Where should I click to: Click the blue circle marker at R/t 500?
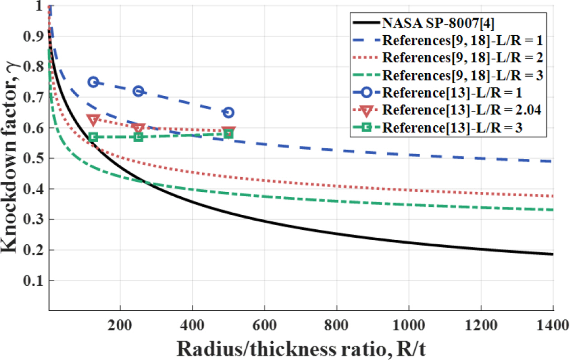pos(228,113)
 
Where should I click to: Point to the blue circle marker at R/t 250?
pos(139,91)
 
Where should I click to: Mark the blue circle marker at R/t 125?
pos(93,82)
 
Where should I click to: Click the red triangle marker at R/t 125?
pos(93,119)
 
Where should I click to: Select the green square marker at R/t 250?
pos(139,137)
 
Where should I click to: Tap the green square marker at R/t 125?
pos(93,137)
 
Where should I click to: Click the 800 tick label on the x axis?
pos(337,325)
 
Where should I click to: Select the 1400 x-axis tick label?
pos(553,325)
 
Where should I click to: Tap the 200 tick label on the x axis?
pos(120,325)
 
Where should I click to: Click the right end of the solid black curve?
pos(553,254)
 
